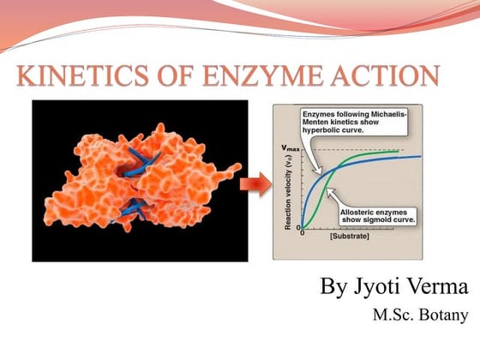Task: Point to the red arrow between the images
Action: pyautogui.click(x=255, y=182)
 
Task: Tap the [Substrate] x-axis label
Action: pyautogui.click(x=350, y=235)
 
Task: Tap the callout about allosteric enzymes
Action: pyautogui.click(x=378, y=214)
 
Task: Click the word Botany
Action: pyautogui.click(x=447, y=315)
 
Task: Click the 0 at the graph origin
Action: pyautogui.click(x=300, y=232)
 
